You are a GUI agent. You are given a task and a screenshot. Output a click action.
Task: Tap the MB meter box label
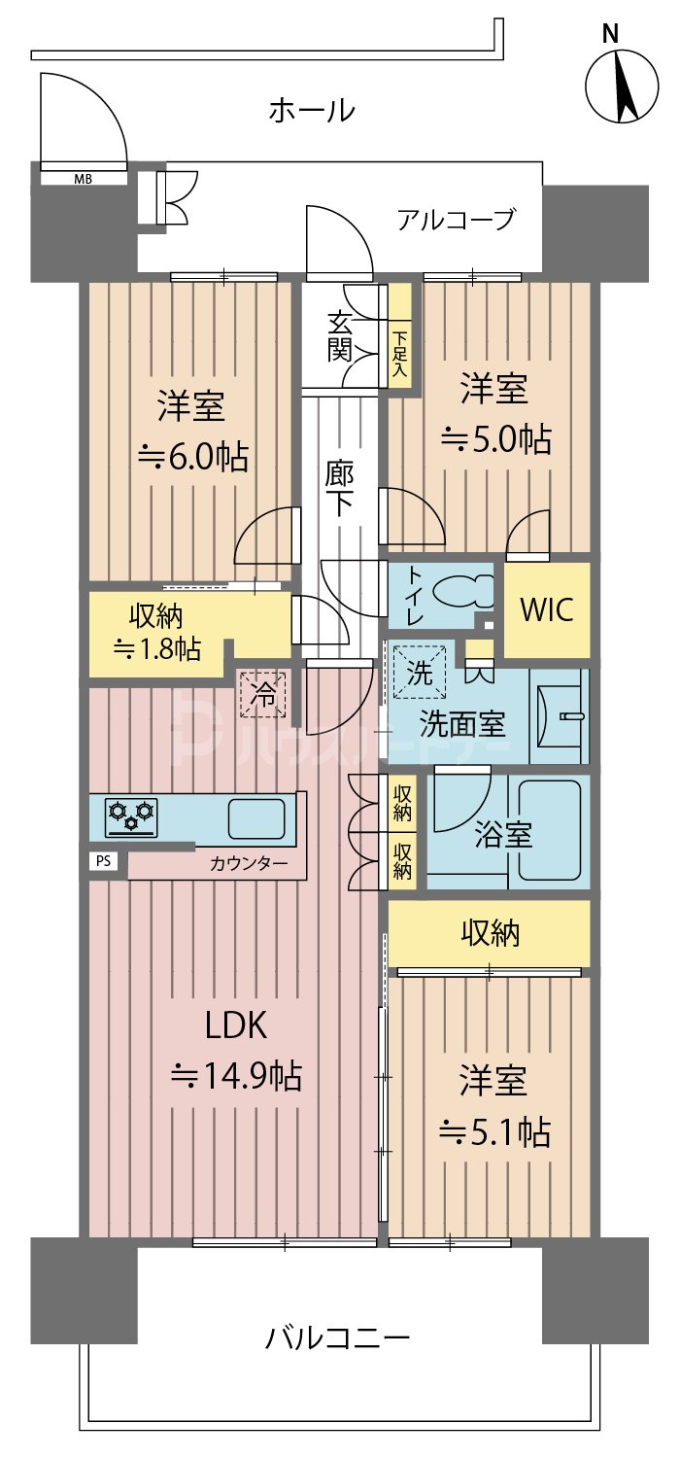click(84, 179)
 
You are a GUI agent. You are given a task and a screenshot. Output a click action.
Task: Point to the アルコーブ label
click(455, 221)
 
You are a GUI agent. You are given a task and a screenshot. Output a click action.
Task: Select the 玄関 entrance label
click(339, 336)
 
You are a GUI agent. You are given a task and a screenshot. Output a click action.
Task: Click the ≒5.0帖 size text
click(496, 439)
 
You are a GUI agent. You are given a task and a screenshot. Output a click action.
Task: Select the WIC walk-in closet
click(547, 610)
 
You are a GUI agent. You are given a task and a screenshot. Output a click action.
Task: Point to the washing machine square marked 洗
click(421, 673)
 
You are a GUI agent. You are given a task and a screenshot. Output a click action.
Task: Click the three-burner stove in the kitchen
click(131, 816)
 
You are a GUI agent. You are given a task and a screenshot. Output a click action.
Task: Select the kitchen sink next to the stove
click(256, 817)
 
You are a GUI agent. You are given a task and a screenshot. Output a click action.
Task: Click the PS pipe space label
click(102, 860)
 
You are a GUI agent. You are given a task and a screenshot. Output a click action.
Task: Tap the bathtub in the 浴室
click(550, 831)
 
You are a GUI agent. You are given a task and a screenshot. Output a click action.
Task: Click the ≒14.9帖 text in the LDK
click(234, 1076)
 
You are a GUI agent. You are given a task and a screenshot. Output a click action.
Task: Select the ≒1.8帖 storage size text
click(157, 649)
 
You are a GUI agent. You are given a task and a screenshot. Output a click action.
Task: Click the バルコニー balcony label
click(337, 1338)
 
